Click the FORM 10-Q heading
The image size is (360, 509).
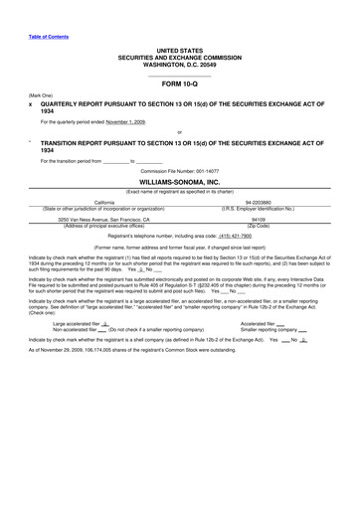click(x=179, y=84)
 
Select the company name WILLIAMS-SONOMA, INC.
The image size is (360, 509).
click(x=179, y=183)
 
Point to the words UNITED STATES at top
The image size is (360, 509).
click(x=179, y=50)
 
